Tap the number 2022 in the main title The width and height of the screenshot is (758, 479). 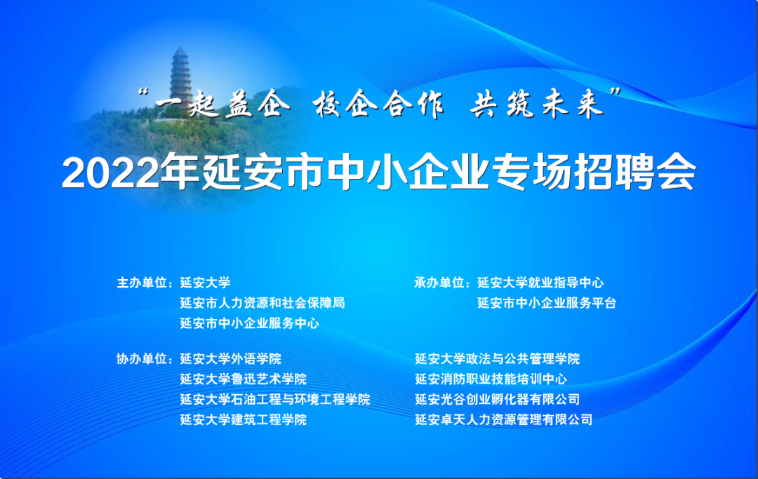tap(110, 173)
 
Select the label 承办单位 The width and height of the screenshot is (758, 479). tap(439, 283)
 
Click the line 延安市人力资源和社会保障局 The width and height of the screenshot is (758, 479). tap(262, 303)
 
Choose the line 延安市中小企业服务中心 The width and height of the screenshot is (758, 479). tap(249, 323)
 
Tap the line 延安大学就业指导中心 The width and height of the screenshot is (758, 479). tap(540, 283)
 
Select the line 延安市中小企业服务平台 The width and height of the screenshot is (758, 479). tap(547, 303)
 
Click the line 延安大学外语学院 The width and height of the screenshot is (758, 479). tap(231, 359)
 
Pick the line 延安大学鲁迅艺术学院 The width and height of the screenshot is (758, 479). tap(243, 379)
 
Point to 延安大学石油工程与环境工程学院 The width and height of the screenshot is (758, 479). tap(275, 399)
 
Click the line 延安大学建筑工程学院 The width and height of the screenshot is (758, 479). tap(243, 419)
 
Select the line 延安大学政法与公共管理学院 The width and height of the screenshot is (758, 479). tap(498, 359)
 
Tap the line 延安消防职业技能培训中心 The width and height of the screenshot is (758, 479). tap(491, 379)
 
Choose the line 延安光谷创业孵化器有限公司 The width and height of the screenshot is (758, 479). tap(498, 399)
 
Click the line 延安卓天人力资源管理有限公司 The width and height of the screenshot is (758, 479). tap(504, 419)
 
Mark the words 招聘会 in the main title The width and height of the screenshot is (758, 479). tap(635, 173)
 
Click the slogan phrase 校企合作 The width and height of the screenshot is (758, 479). tap(378, 104)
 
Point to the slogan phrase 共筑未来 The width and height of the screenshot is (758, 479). tap(537, 104)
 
